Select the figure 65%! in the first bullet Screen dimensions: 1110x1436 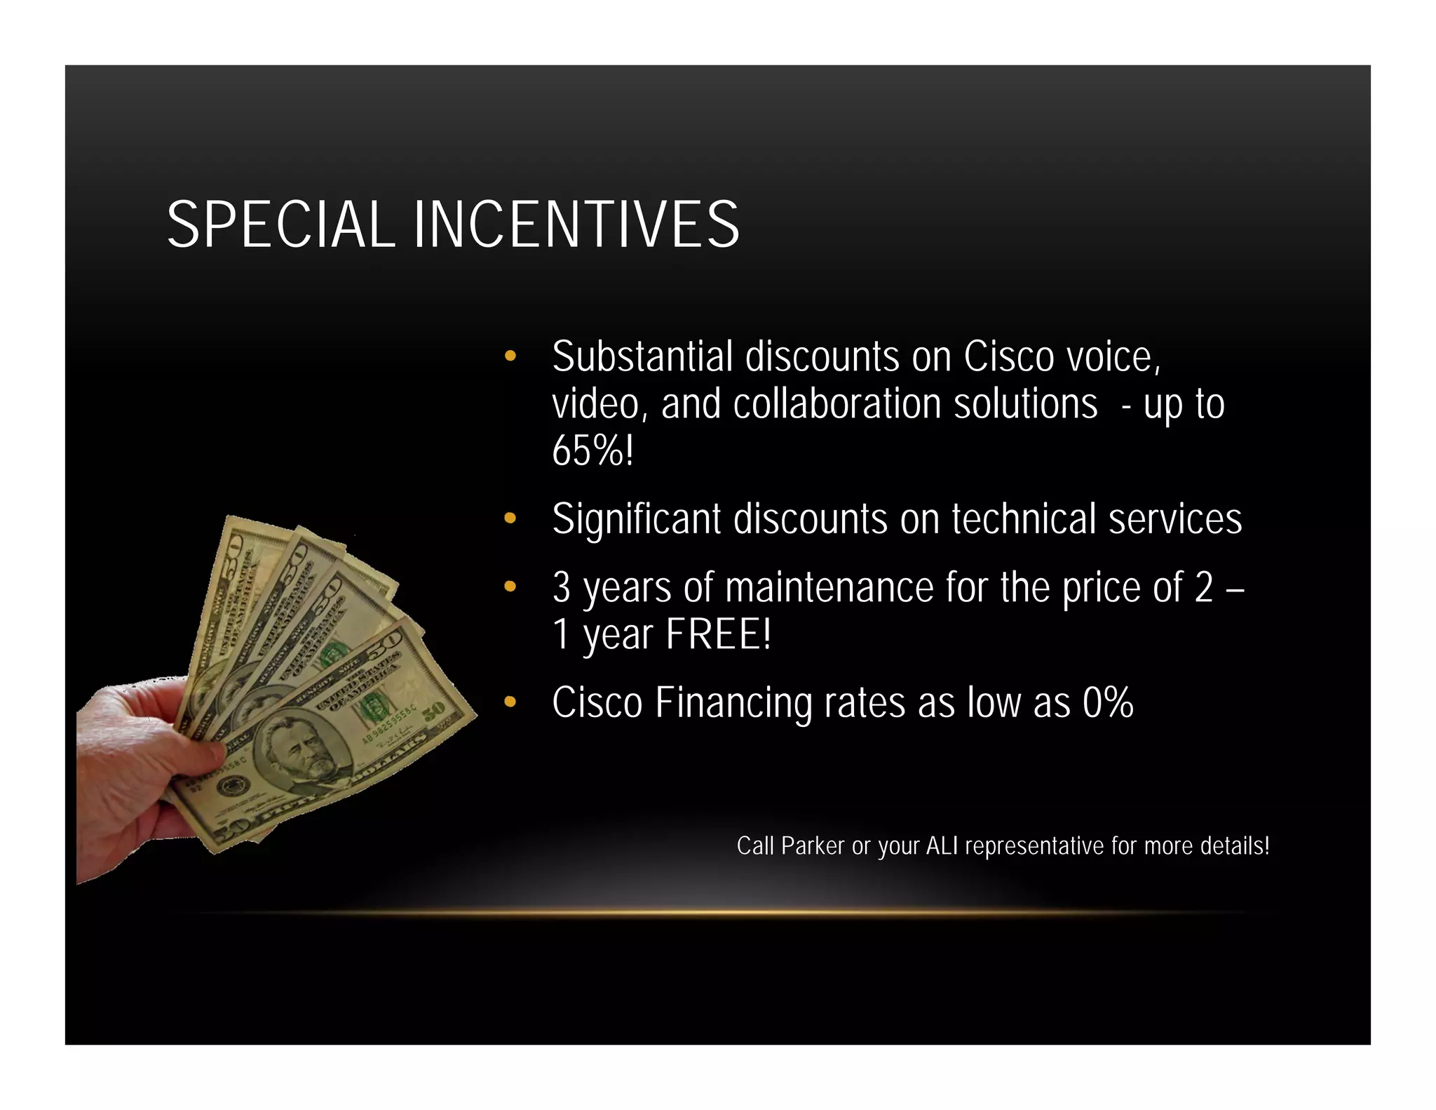coord(592,450)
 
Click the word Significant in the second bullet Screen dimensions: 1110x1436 coord(636,520)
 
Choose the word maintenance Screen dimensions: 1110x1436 coord(829,587)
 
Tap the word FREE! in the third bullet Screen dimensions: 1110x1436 coord(718,634)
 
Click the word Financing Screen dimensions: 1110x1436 coord(733,703)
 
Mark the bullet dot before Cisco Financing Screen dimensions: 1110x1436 coord(510,702)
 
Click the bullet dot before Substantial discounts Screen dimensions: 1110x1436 coord(510,356)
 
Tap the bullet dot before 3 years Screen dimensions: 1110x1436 coord(510,587)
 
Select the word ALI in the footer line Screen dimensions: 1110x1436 coord(941,846)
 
